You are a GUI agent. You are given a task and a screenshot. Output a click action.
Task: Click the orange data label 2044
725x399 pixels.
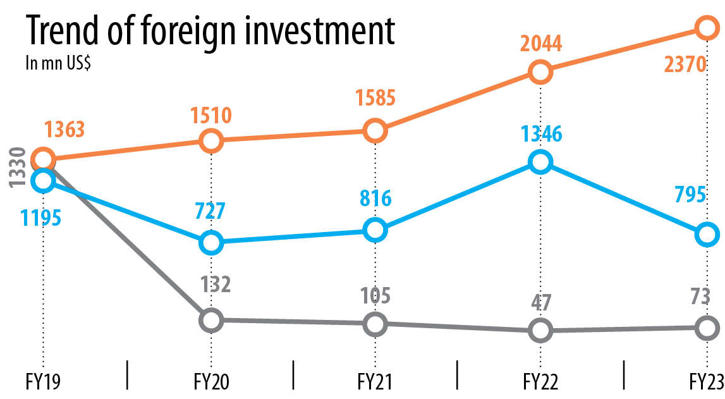pyautogui.click(x=541, y=44)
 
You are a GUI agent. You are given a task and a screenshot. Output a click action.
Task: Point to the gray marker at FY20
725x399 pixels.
pyautogui.click(x=211, y=320)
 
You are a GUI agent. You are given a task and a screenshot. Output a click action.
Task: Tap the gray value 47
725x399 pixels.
pyautogui.click(x=541, y=303)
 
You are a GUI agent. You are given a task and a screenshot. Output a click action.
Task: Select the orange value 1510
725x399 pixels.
pyautogui.click(x=211, y=116)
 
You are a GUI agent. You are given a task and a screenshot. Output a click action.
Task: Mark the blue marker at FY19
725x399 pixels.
pyautogui.click(x=43, y=180)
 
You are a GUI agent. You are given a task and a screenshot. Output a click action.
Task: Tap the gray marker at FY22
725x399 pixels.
pyautogui.click(x=540, y=330)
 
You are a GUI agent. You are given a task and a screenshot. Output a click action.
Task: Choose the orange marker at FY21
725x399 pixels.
pyautogui.click(x=375, y=130)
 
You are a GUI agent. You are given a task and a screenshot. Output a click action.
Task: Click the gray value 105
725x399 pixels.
pyautogui.click(x=374, y=295)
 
